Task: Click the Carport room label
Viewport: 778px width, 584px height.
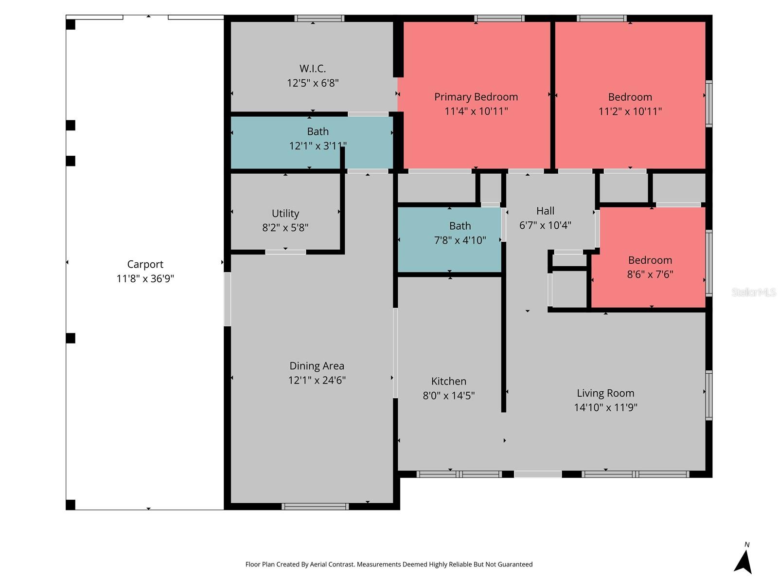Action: pos(145,264)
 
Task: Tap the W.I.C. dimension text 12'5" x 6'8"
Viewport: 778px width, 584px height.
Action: pos(313,83)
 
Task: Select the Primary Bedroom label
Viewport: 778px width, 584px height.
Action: pos(476,97)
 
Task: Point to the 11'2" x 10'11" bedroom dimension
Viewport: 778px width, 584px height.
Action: pos(630,111)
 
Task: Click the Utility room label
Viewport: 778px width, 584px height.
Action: pos(285,213)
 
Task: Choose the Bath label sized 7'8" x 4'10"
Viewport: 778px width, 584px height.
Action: pos(460,226)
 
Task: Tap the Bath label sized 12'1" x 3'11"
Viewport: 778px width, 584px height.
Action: pos(318,131)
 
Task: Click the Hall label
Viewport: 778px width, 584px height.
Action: pos(545,211)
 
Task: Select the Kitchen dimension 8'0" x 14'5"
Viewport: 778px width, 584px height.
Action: pos(448,396)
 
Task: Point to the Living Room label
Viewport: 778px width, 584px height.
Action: pos(605,393)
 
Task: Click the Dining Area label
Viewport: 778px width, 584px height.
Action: pos(317,366)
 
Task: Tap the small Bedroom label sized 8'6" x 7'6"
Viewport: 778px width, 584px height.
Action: pos(650,260)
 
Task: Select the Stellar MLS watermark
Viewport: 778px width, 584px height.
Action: pos(753,292)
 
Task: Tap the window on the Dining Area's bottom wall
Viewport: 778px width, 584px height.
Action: pos(315,507)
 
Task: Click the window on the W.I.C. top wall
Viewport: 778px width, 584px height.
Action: pos(319,18)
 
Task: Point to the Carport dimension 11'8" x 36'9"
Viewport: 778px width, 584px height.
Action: pos(145,279)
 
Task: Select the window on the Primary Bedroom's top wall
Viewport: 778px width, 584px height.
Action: pos(499,18)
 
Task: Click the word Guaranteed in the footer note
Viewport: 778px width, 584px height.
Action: pos(515,565)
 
